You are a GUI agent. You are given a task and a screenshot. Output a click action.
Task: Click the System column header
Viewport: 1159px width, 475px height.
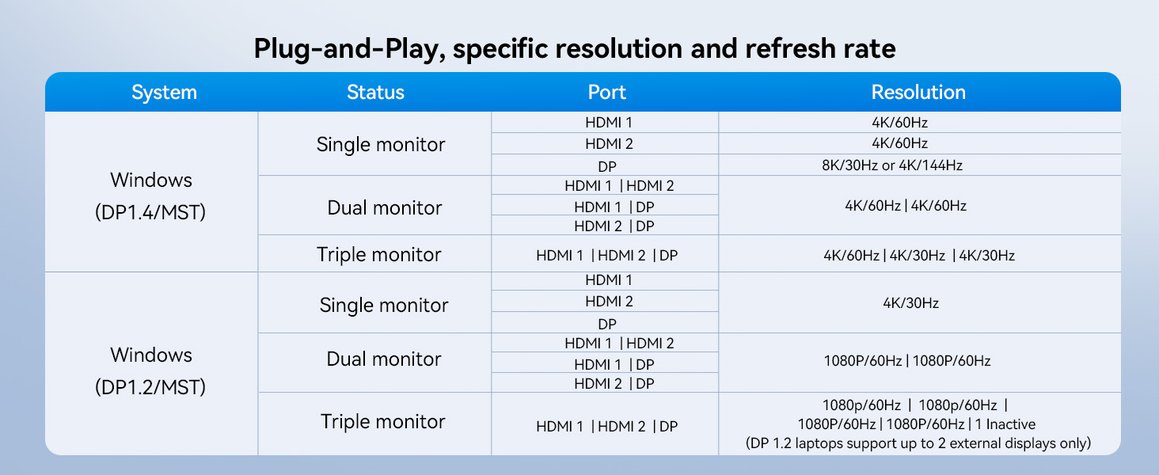pos(164,93)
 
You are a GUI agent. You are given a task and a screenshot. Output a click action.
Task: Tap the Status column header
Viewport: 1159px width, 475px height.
pos(375,92)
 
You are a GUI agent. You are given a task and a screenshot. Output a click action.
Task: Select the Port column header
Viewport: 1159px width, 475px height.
pos(606,92)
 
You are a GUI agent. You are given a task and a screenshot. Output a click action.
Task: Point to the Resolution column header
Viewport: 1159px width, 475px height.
pos(918,92)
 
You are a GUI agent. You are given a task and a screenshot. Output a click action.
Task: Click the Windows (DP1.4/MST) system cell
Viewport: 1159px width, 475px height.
pos(150,196)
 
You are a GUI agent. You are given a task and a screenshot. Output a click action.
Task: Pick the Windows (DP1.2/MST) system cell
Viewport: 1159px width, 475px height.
pos(150,371)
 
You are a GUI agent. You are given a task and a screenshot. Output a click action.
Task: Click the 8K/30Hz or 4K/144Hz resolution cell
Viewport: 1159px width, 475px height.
pos(892,165)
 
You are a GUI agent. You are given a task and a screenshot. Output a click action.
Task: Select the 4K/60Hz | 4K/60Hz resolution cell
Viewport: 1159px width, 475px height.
pos(906,206)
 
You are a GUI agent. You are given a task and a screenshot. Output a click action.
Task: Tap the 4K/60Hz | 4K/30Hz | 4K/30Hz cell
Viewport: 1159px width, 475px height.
pos(919,256)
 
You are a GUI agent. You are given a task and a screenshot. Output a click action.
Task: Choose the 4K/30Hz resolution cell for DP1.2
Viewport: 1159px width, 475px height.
pos(910,303)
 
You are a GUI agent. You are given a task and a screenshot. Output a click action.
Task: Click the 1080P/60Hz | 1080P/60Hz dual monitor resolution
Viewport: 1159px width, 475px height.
pos(907,361)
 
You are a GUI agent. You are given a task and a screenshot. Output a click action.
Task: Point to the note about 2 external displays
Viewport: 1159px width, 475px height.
pos(918,443)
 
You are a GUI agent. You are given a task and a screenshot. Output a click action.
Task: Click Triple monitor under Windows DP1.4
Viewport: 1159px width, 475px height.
pos(378,255)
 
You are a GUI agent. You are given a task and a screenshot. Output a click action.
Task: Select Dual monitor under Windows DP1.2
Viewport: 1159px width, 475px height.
pos(383,359)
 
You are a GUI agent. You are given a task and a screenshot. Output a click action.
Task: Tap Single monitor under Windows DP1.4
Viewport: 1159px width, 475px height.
pos(381,145)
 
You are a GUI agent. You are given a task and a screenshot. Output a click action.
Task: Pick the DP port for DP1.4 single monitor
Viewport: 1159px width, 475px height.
pos(607,166)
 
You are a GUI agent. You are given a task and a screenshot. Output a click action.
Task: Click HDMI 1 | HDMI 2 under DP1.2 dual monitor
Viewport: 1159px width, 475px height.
pos(619,344)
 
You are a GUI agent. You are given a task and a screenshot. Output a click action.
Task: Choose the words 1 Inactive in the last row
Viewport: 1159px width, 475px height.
pos(1005,424)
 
